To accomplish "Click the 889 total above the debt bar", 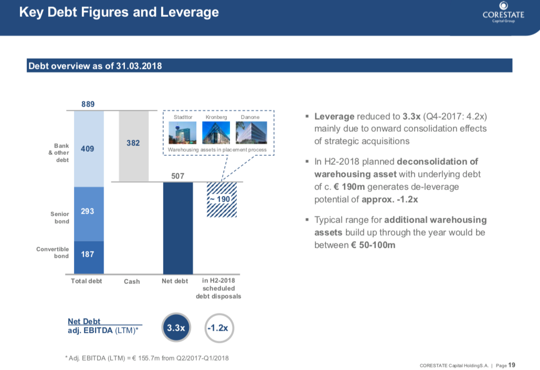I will [89, 104].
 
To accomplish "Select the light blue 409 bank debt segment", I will [89, 149].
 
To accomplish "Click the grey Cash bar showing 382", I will [133, 146].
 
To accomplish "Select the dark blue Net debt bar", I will [178, 227].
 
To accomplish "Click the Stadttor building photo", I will [183, 133].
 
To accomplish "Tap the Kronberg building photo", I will [216, 133].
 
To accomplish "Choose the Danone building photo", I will [250, 133].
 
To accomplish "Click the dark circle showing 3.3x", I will [176, 328].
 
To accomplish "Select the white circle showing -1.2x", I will [218, 328].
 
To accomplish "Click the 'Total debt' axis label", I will [87, 281].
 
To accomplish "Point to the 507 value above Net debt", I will [178, 176].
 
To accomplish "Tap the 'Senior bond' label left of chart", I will [59, 218].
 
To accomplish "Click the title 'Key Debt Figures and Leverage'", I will [119, 12].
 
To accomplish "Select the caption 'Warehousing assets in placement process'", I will [217, 150].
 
